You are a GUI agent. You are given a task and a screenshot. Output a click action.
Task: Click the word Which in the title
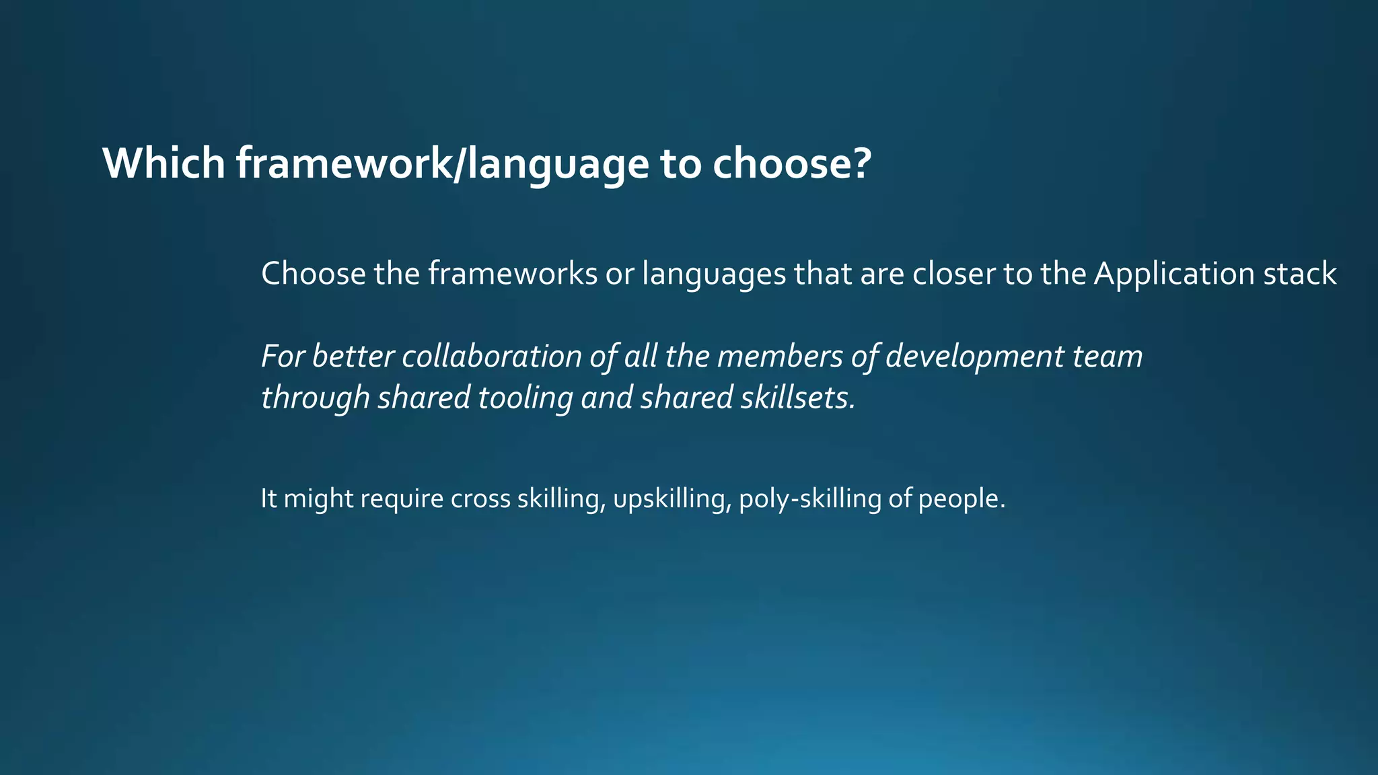[164, 163]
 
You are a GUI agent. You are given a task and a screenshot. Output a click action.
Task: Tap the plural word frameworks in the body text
[513, 274]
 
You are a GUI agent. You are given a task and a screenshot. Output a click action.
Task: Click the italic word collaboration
[492, 356]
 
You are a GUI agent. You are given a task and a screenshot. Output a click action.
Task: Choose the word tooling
[525, 398]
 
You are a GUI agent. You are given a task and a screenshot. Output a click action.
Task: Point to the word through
[315, 398]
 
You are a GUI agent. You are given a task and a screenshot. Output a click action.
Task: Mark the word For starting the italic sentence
[283, 356]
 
